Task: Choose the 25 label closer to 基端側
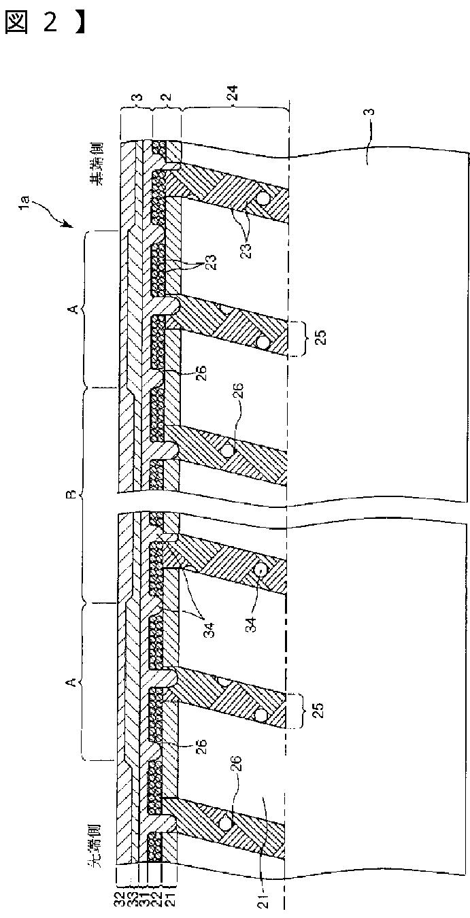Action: [321, 337]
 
